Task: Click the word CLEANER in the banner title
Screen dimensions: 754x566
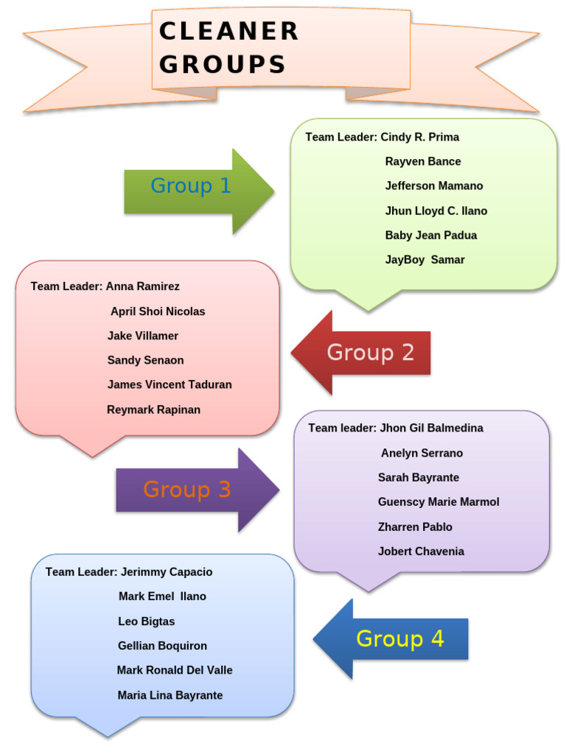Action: point(228,32)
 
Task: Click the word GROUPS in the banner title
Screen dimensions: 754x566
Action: point(222,65)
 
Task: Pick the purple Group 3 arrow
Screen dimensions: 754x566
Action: point(193,490)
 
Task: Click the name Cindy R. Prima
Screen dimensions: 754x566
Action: point(419,137)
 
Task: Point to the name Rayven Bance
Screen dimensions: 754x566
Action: point(422,161)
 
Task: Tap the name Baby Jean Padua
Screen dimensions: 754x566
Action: point(430,236)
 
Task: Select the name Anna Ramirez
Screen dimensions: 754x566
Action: point(142,286)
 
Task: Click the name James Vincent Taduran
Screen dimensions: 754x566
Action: point(170,384)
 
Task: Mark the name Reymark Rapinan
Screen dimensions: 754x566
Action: point(153,409)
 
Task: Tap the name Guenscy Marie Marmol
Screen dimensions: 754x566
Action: point(438,502)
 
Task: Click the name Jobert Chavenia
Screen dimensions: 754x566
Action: point(421,552)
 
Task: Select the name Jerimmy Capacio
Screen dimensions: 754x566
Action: point(166,572)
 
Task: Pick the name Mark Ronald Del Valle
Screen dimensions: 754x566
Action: point(175,670)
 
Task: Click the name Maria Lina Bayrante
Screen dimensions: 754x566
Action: point(170,695)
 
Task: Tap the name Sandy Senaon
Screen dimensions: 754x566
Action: point(145,360)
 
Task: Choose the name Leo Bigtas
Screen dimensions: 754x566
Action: point(146,621)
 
